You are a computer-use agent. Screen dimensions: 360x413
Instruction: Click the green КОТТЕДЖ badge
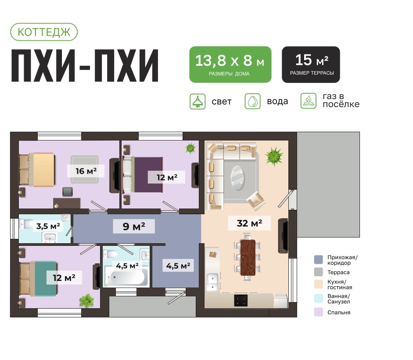[43, 32]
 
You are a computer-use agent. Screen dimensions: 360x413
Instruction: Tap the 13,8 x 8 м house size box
[230, 64]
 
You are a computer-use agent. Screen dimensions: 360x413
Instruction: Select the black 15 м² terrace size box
[311, 64]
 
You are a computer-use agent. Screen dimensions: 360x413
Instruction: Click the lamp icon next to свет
[198, 101]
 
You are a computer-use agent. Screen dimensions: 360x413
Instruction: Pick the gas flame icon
[309, 101]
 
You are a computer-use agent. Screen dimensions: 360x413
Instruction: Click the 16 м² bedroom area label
[86, 170]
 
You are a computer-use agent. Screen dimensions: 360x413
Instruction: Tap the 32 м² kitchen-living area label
[249, 223]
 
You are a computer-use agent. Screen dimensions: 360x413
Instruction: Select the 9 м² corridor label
[133, 227]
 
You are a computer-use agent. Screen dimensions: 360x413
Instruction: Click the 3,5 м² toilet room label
[48, 226]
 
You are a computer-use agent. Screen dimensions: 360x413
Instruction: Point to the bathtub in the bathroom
[129, 277]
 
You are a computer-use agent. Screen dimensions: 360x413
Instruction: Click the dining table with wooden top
[248, 257]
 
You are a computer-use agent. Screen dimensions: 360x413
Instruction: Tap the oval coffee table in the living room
[239, 177]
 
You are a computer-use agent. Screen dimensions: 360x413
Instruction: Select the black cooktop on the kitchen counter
[241, 300]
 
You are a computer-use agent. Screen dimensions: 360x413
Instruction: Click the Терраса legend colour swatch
[319, 272]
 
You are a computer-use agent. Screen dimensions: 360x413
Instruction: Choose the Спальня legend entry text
[338, 313]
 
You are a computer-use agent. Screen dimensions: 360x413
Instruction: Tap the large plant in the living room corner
[274, 156]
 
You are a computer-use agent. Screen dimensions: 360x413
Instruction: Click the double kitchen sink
[212, 281]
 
